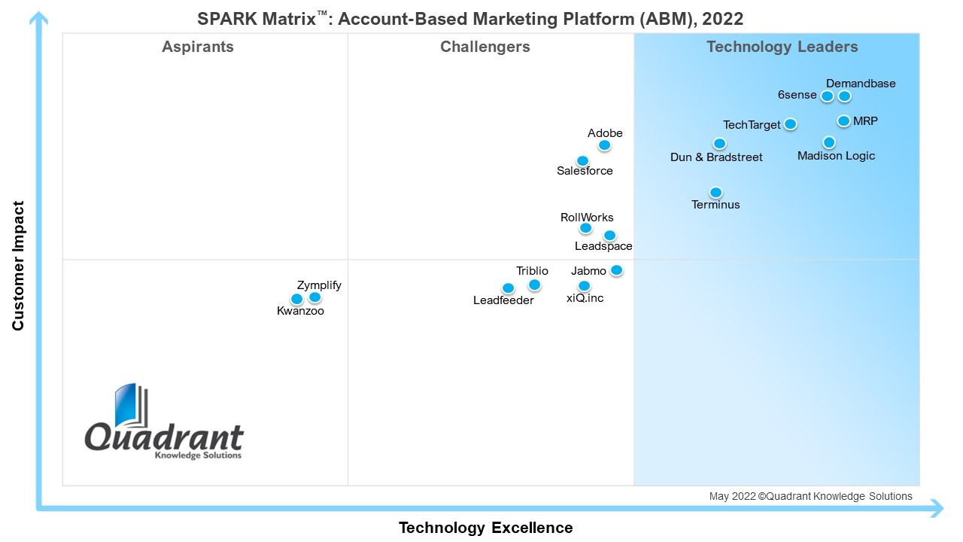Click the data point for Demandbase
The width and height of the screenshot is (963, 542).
[x=845, y=96]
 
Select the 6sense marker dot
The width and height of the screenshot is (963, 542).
[x=827, y=96]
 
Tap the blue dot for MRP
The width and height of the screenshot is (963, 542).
[x=843, y=120]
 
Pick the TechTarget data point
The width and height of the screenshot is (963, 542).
[x=790, y=124]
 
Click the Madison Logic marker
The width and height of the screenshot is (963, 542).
[x=828, y=142]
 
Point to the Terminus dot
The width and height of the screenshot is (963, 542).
[x=715, y=192]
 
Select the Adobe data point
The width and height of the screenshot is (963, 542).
[x=604, y=145]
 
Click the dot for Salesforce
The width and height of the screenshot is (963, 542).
[x=582, y=160]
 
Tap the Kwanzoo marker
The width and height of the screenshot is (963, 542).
[x=296, y=299]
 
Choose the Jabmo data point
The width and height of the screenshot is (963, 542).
[x=616, y=270]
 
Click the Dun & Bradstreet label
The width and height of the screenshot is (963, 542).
[x=716, y=157]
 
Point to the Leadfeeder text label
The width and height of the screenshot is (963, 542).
[x=503, y=300]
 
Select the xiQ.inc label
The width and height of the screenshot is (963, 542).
[x=585, y=298]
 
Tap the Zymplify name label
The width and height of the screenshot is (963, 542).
[x=319, y=285]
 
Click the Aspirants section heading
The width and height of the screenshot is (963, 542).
[x=198, y=47]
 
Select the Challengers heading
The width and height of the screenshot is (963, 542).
[x=485, y=47]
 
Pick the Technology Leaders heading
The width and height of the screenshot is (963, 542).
[x=782, y=47]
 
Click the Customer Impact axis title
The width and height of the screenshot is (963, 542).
[x=18, y=266]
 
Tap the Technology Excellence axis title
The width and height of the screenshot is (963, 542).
[x=485, y=527]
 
